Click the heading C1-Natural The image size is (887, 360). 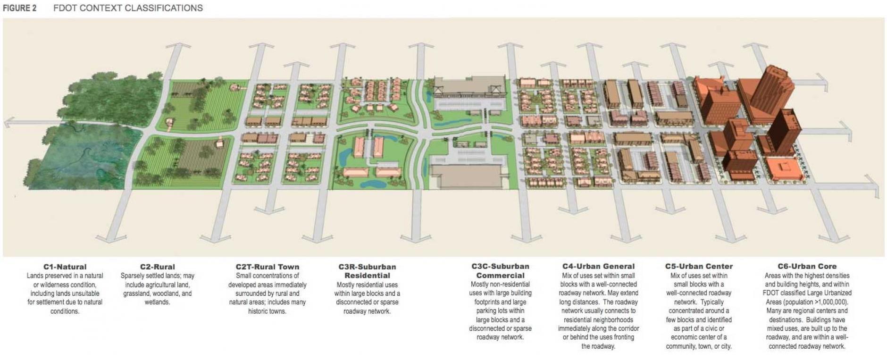pos(65,267)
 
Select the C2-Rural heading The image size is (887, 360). pos(157,267)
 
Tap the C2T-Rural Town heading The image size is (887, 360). pos(267,267)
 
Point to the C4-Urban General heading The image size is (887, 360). pos(598,266)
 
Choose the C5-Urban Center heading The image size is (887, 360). pos(699,266)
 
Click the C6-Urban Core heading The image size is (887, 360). pos(807,266)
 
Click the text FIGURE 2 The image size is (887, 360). pos(19,8)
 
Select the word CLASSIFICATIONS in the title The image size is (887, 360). pos(165,8)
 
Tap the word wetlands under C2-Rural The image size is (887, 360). pos(157,302)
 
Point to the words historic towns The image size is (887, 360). pos(267,311)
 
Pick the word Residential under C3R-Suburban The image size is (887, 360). pos(367,276)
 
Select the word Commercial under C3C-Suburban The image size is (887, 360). pos(500,276)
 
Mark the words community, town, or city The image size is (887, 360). pos(699,346)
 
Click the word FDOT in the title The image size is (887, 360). pos(64,8)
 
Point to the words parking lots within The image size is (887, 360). pos(500,311)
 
